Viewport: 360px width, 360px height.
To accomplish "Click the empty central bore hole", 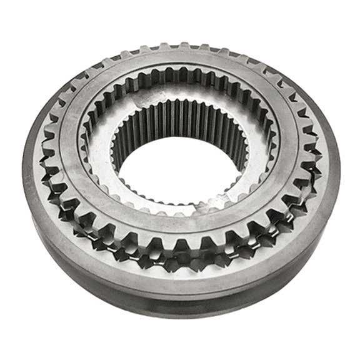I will (181, 169).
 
